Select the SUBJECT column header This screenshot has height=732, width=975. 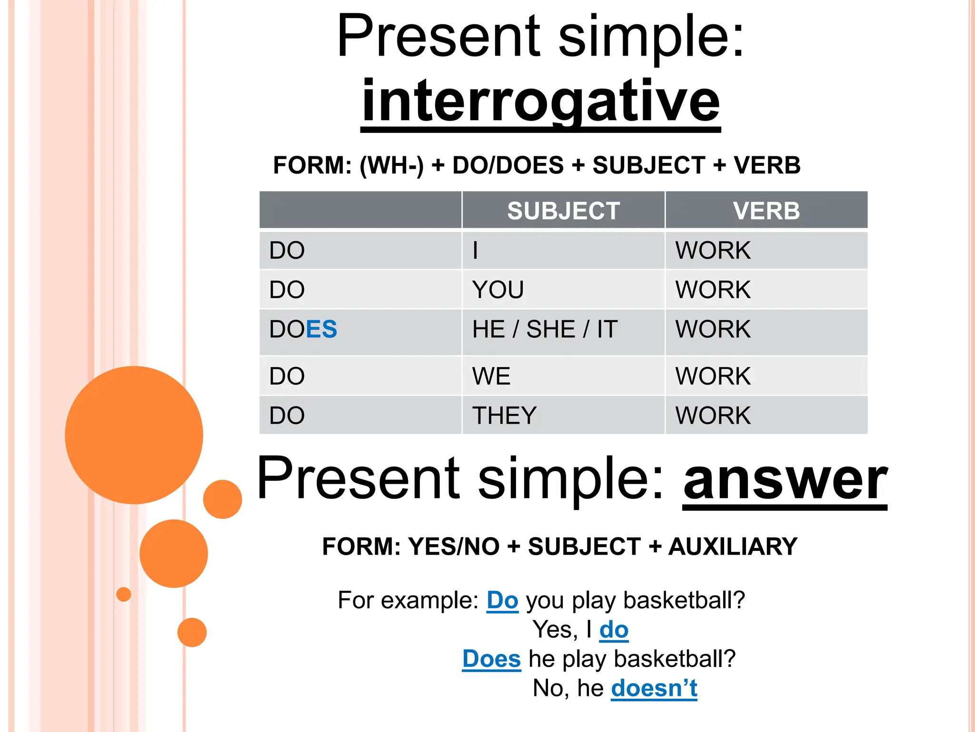click(563, 211)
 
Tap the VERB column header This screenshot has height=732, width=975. click(766, 211)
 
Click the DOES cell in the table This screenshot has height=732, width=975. click(303, 329)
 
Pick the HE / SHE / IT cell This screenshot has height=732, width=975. click(545, 329)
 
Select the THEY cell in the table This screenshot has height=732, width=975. click(504, 415)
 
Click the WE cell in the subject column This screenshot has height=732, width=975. click(491, 376)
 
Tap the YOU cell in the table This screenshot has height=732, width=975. click(497, 290)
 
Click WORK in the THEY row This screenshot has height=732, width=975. click(713, 415)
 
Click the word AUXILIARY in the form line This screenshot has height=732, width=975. click(733, 546)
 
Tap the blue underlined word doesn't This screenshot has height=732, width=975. click(654, 688)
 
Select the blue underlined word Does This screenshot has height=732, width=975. click(491, 659)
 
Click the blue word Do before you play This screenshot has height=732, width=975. click(502, 600)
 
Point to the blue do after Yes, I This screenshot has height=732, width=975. click(614, 630)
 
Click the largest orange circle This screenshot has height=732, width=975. click(134, 435)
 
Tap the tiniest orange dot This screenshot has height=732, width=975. click(124, 594)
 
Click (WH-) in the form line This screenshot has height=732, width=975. click(391, 165)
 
